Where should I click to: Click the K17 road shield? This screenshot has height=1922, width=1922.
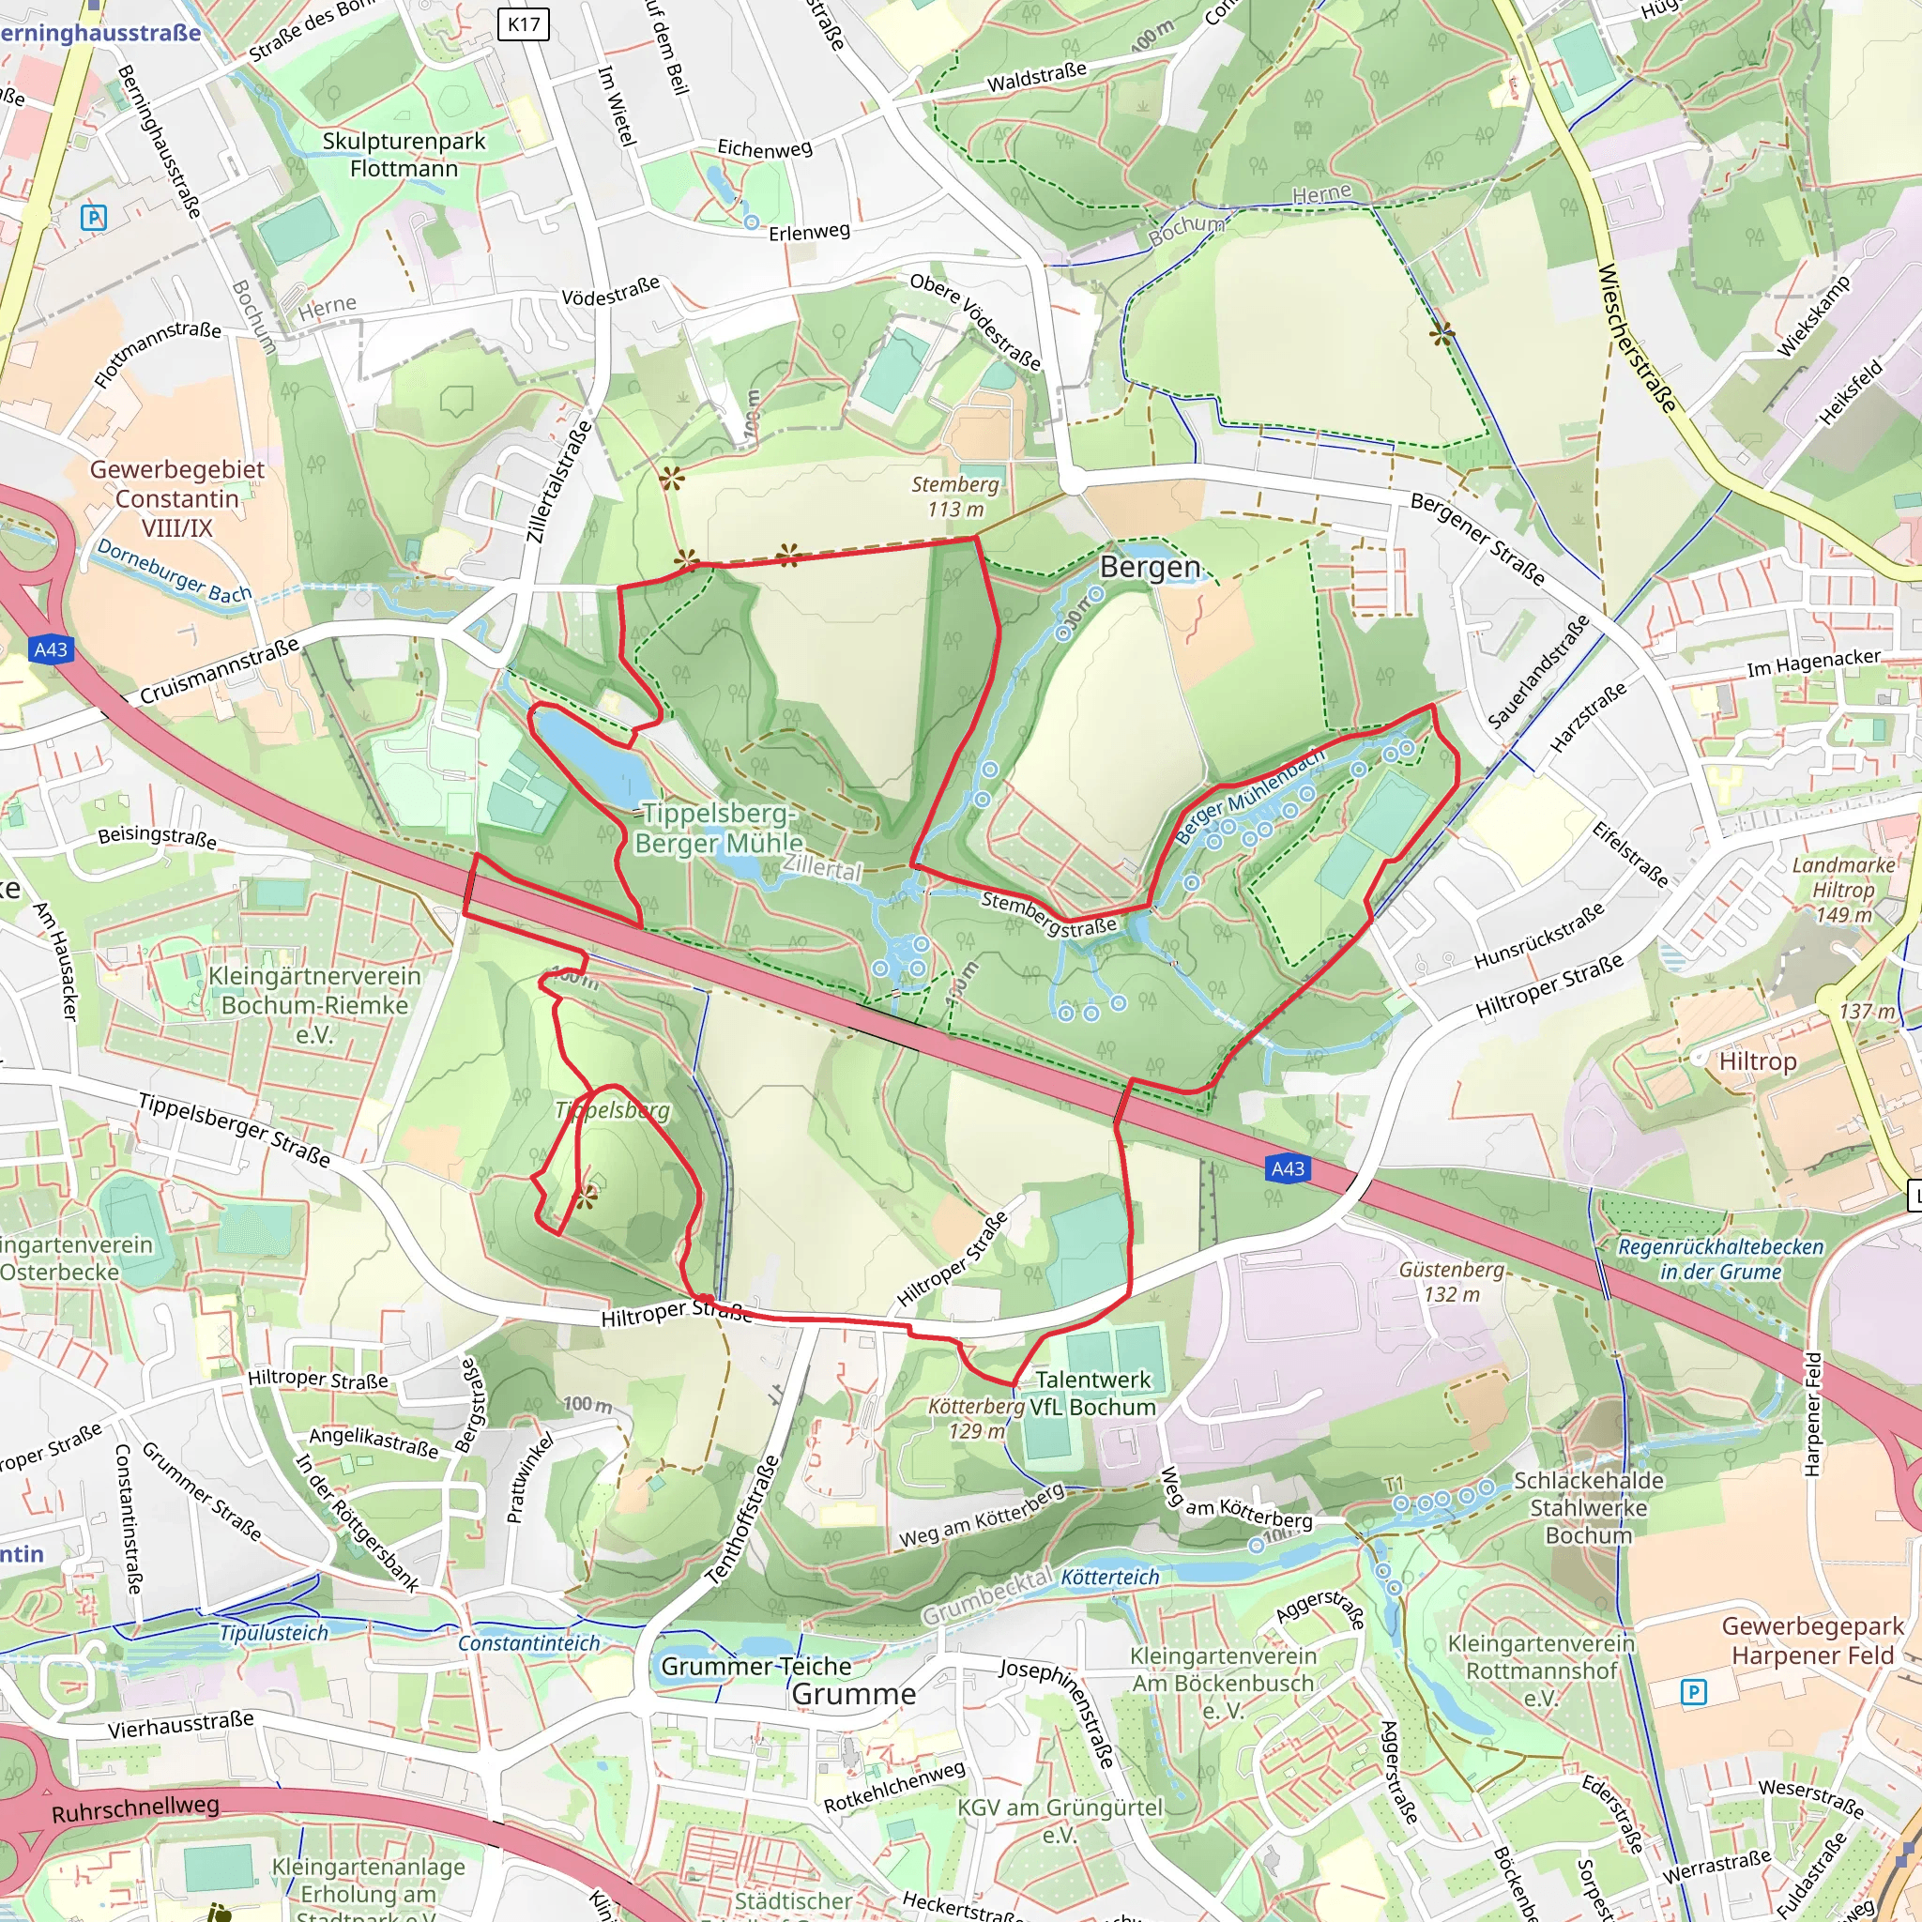pos(524,23)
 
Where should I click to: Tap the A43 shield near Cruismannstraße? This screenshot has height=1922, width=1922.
pos(51,649)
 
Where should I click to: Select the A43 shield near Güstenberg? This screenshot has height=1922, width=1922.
pos(1288,1169)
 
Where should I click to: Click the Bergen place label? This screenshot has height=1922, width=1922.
pos(1150,567)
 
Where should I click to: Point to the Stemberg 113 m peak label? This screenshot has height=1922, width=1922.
pos(956,496)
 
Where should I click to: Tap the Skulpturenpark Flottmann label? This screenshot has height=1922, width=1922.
pos(404,154)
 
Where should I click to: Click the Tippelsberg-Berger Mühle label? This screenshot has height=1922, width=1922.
pos(718,828)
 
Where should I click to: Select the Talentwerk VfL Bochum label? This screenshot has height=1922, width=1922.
pos(1092,1393)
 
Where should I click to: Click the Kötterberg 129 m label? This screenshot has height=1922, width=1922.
pos(976,1419)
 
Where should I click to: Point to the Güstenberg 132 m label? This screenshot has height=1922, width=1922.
pos(1452,1281)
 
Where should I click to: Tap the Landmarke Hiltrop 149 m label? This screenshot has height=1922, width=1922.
pos(1842,890)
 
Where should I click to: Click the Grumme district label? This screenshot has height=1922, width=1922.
pos(854,1694)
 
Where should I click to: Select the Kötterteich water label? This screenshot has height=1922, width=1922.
pos(1109,1577)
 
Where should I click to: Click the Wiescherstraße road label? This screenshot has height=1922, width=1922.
pos(1636,337)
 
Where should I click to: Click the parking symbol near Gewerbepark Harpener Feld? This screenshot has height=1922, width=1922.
pos(1693,1691)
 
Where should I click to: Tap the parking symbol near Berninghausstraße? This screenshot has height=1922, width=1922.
pos(94,217)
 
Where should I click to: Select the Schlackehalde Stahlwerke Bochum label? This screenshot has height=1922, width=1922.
pos(1588,1507)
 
